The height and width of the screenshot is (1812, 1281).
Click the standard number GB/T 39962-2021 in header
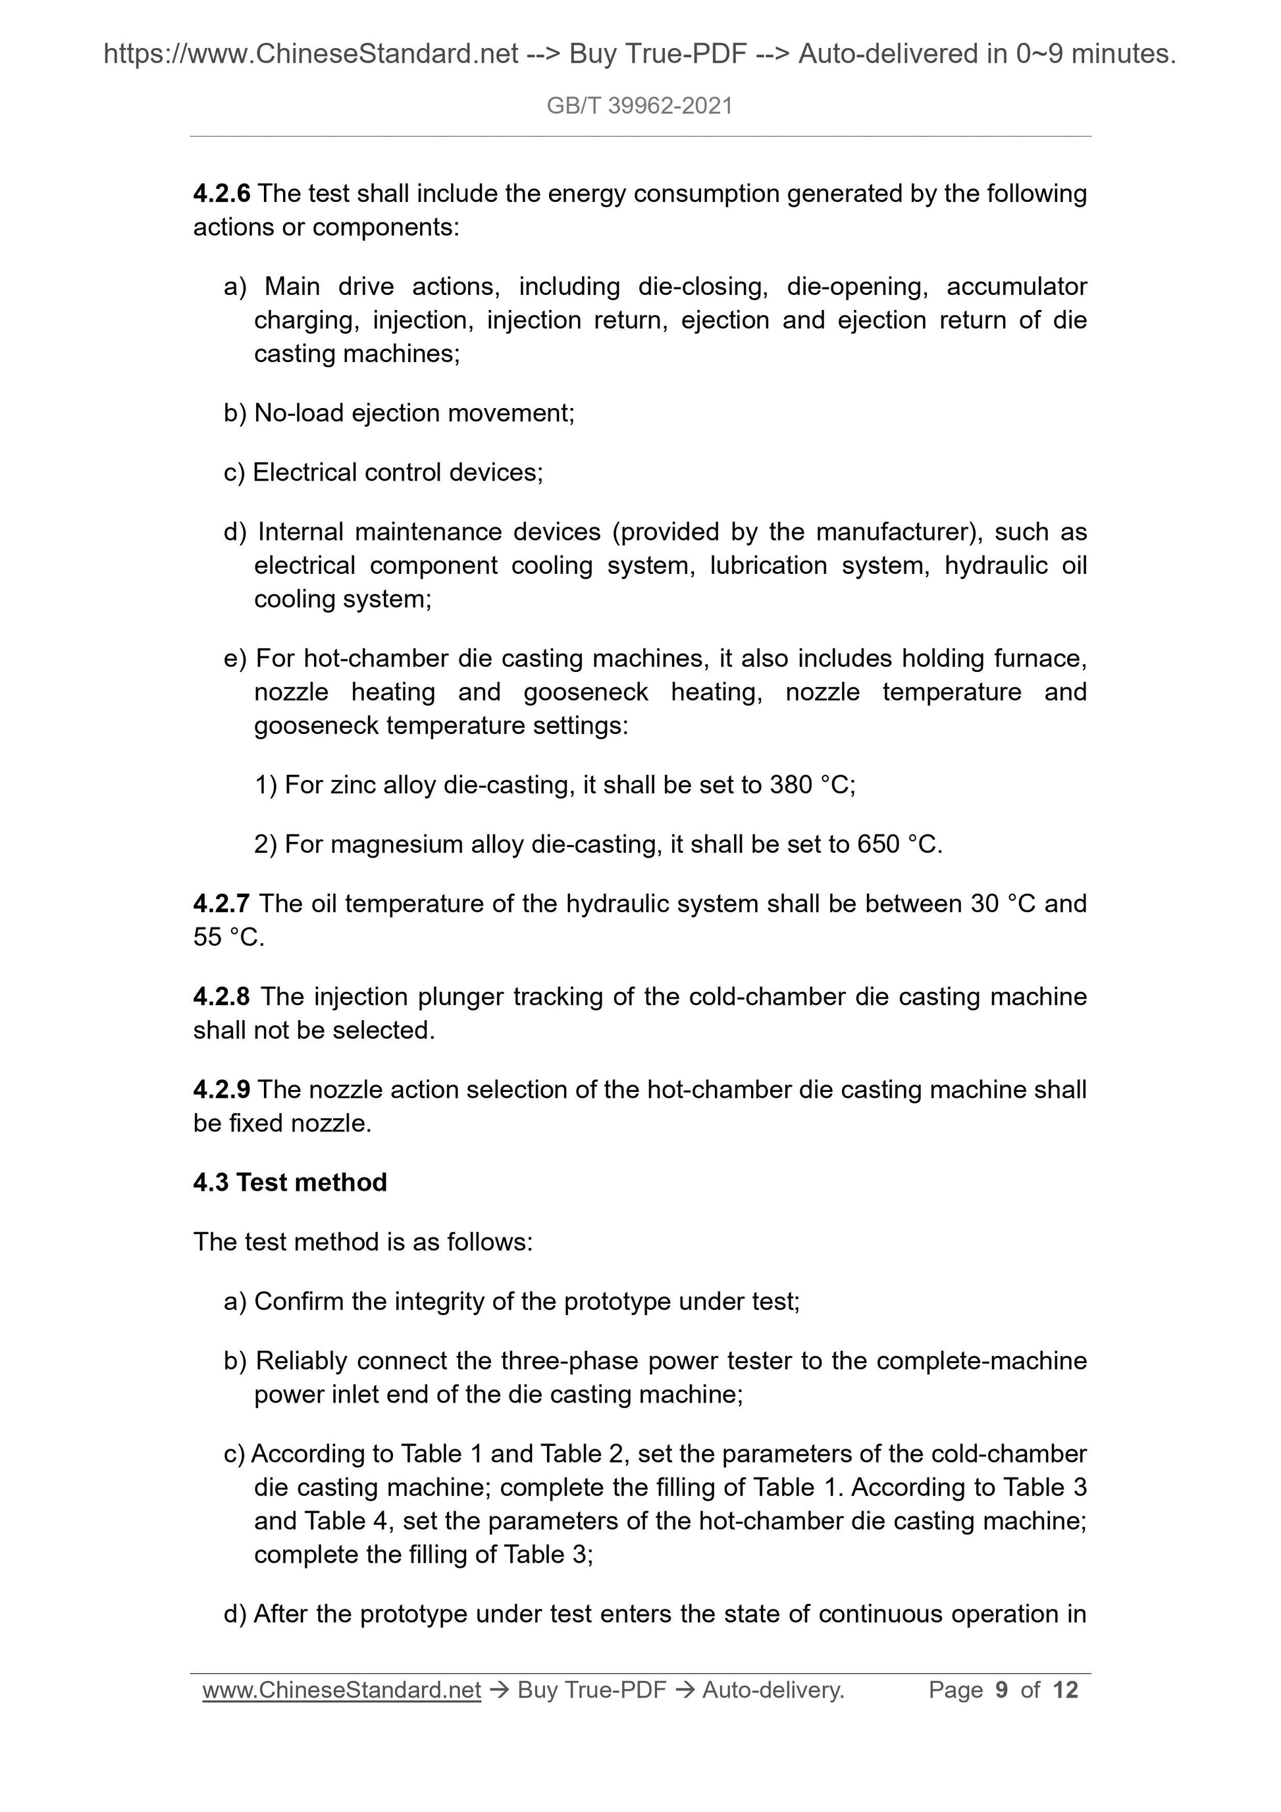tap(639, 106)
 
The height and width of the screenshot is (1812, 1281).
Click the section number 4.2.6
tap(221, 194)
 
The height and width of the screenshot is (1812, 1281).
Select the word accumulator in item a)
tap(1016, 286)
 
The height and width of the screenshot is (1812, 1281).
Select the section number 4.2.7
tap(221, 904)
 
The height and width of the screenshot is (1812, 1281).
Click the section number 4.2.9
tap(221, 1090)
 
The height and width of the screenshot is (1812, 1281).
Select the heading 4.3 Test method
tap(290, 1183)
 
